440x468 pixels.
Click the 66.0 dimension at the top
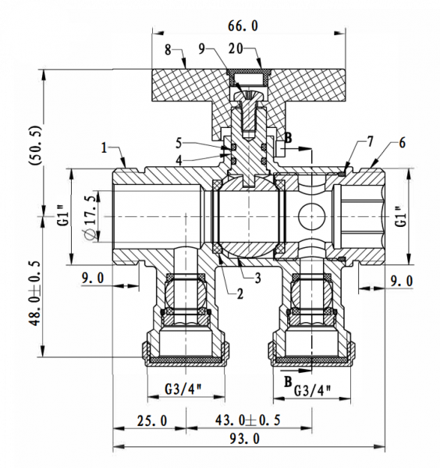point(243,25)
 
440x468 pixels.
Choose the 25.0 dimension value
point(150,420)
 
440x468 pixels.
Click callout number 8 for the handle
point(168,50)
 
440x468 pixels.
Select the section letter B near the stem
point(287,139)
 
